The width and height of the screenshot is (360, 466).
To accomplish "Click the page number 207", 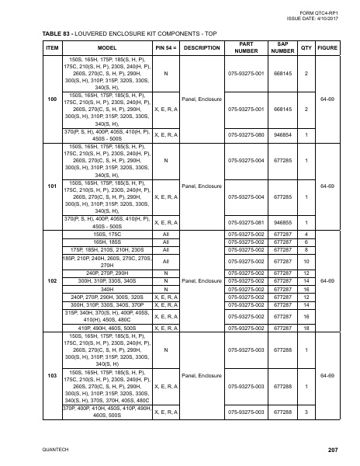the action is pyautogui.click(x=333, y=450).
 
